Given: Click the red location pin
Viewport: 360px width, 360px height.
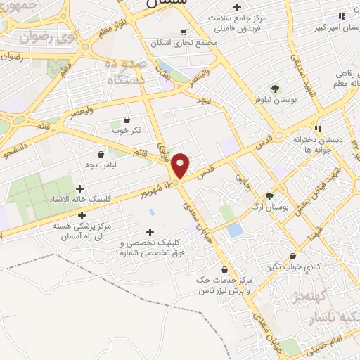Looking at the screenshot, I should (x=180, y=165).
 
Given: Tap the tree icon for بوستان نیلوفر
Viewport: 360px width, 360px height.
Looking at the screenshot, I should (x=275, y=89).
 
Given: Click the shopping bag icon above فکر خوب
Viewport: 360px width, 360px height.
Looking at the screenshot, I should (x=126, y=119).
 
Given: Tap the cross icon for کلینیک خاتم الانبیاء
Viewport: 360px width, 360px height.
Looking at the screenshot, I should (x=79, y=188).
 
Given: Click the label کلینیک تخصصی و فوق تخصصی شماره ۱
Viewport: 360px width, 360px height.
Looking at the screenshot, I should (x=149, y=247).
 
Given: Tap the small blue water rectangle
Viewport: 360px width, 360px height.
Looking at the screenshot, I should (x=235, y=231).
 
